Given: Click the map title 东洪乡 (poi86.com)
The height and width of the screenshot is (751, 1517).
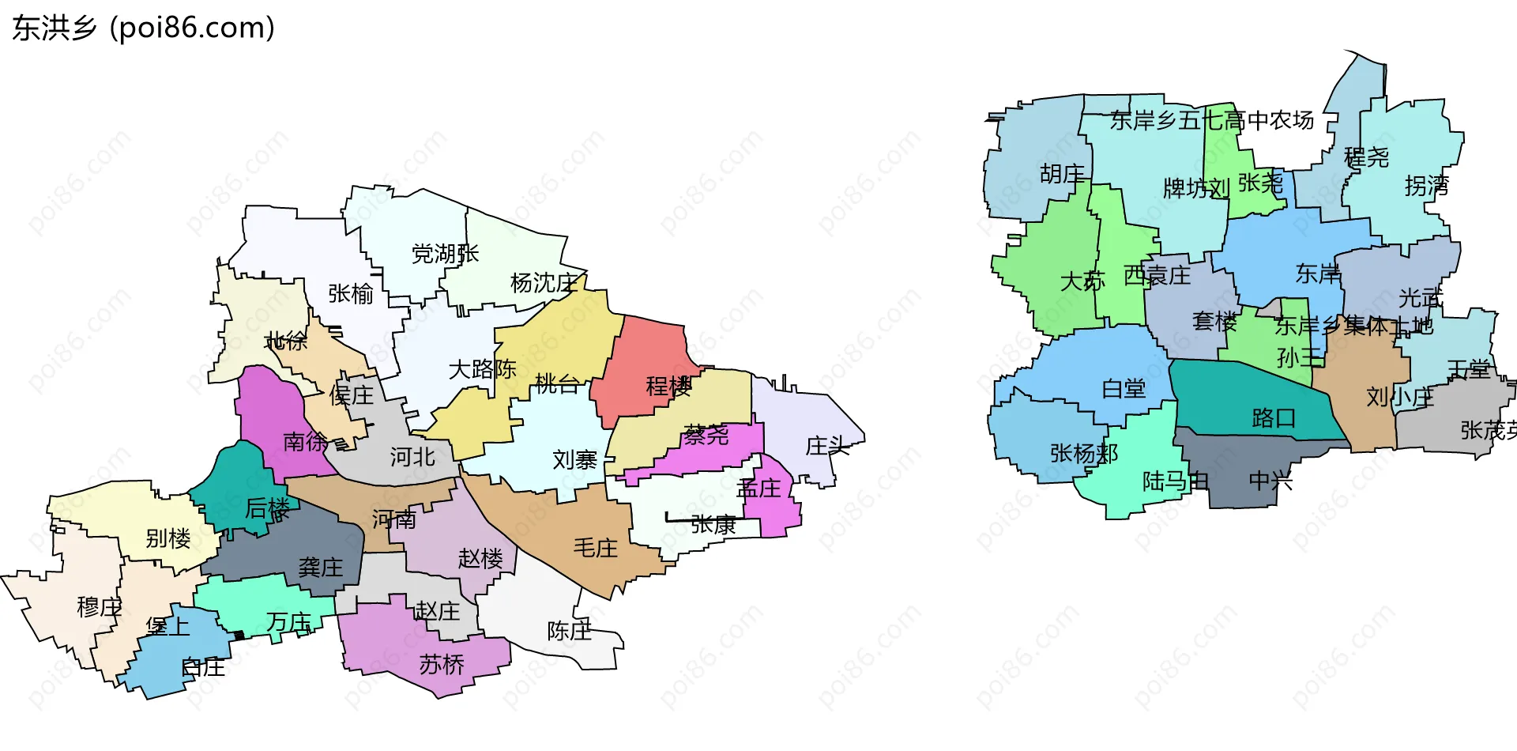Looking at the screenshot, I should [143, 28].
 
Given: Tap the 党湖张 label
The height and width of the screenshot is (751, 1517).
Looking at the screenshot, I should [445, 254].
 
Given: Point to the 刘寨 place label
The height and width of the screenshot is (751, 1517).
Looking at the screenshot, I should [574, 459].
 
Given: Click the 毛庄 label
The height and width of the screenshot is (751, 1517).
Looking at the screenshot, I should [595, 548].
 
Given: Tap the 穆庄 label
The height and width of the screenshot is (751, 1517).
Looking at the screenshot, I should [99, 607].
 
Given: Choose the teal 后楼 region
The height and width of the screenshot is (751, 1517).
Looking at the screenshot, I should [233, 482].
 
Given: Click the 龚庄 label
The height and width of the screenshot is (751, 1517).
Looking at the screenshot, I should [320, 567].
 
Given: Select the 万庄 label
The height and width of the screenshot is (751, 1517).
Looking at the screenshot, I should [288, 623].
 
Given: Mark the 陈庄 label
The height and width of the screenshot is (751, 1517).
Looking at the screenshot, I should [569, 631].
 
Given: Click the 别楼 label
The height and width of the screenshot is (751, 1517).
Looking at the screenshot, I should [168, 538].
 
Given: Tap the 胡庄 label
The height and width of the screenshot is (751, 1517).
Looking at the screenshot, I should [1062, 174].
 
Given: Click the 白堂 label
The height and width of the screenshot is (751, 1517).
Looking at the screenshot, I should [1124, 389].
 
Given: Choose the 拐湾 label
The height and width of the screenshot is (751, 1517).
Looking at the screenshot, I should [1426, 186].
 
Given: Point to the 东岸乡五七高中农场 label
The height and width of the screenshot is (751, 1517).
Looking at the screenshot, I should [1212, 120].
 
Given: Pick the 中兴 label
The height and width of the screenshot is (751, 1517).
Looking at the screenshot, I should [1270, 481].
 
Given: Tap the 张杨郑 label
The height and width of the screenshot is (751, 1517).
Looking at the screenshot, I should [1083, 453].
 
